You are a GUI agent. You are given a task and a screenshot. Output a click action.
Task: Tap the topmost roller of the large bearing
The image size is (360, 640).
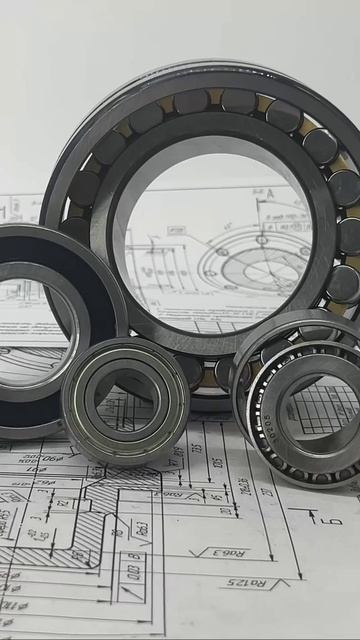[238, 101]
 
